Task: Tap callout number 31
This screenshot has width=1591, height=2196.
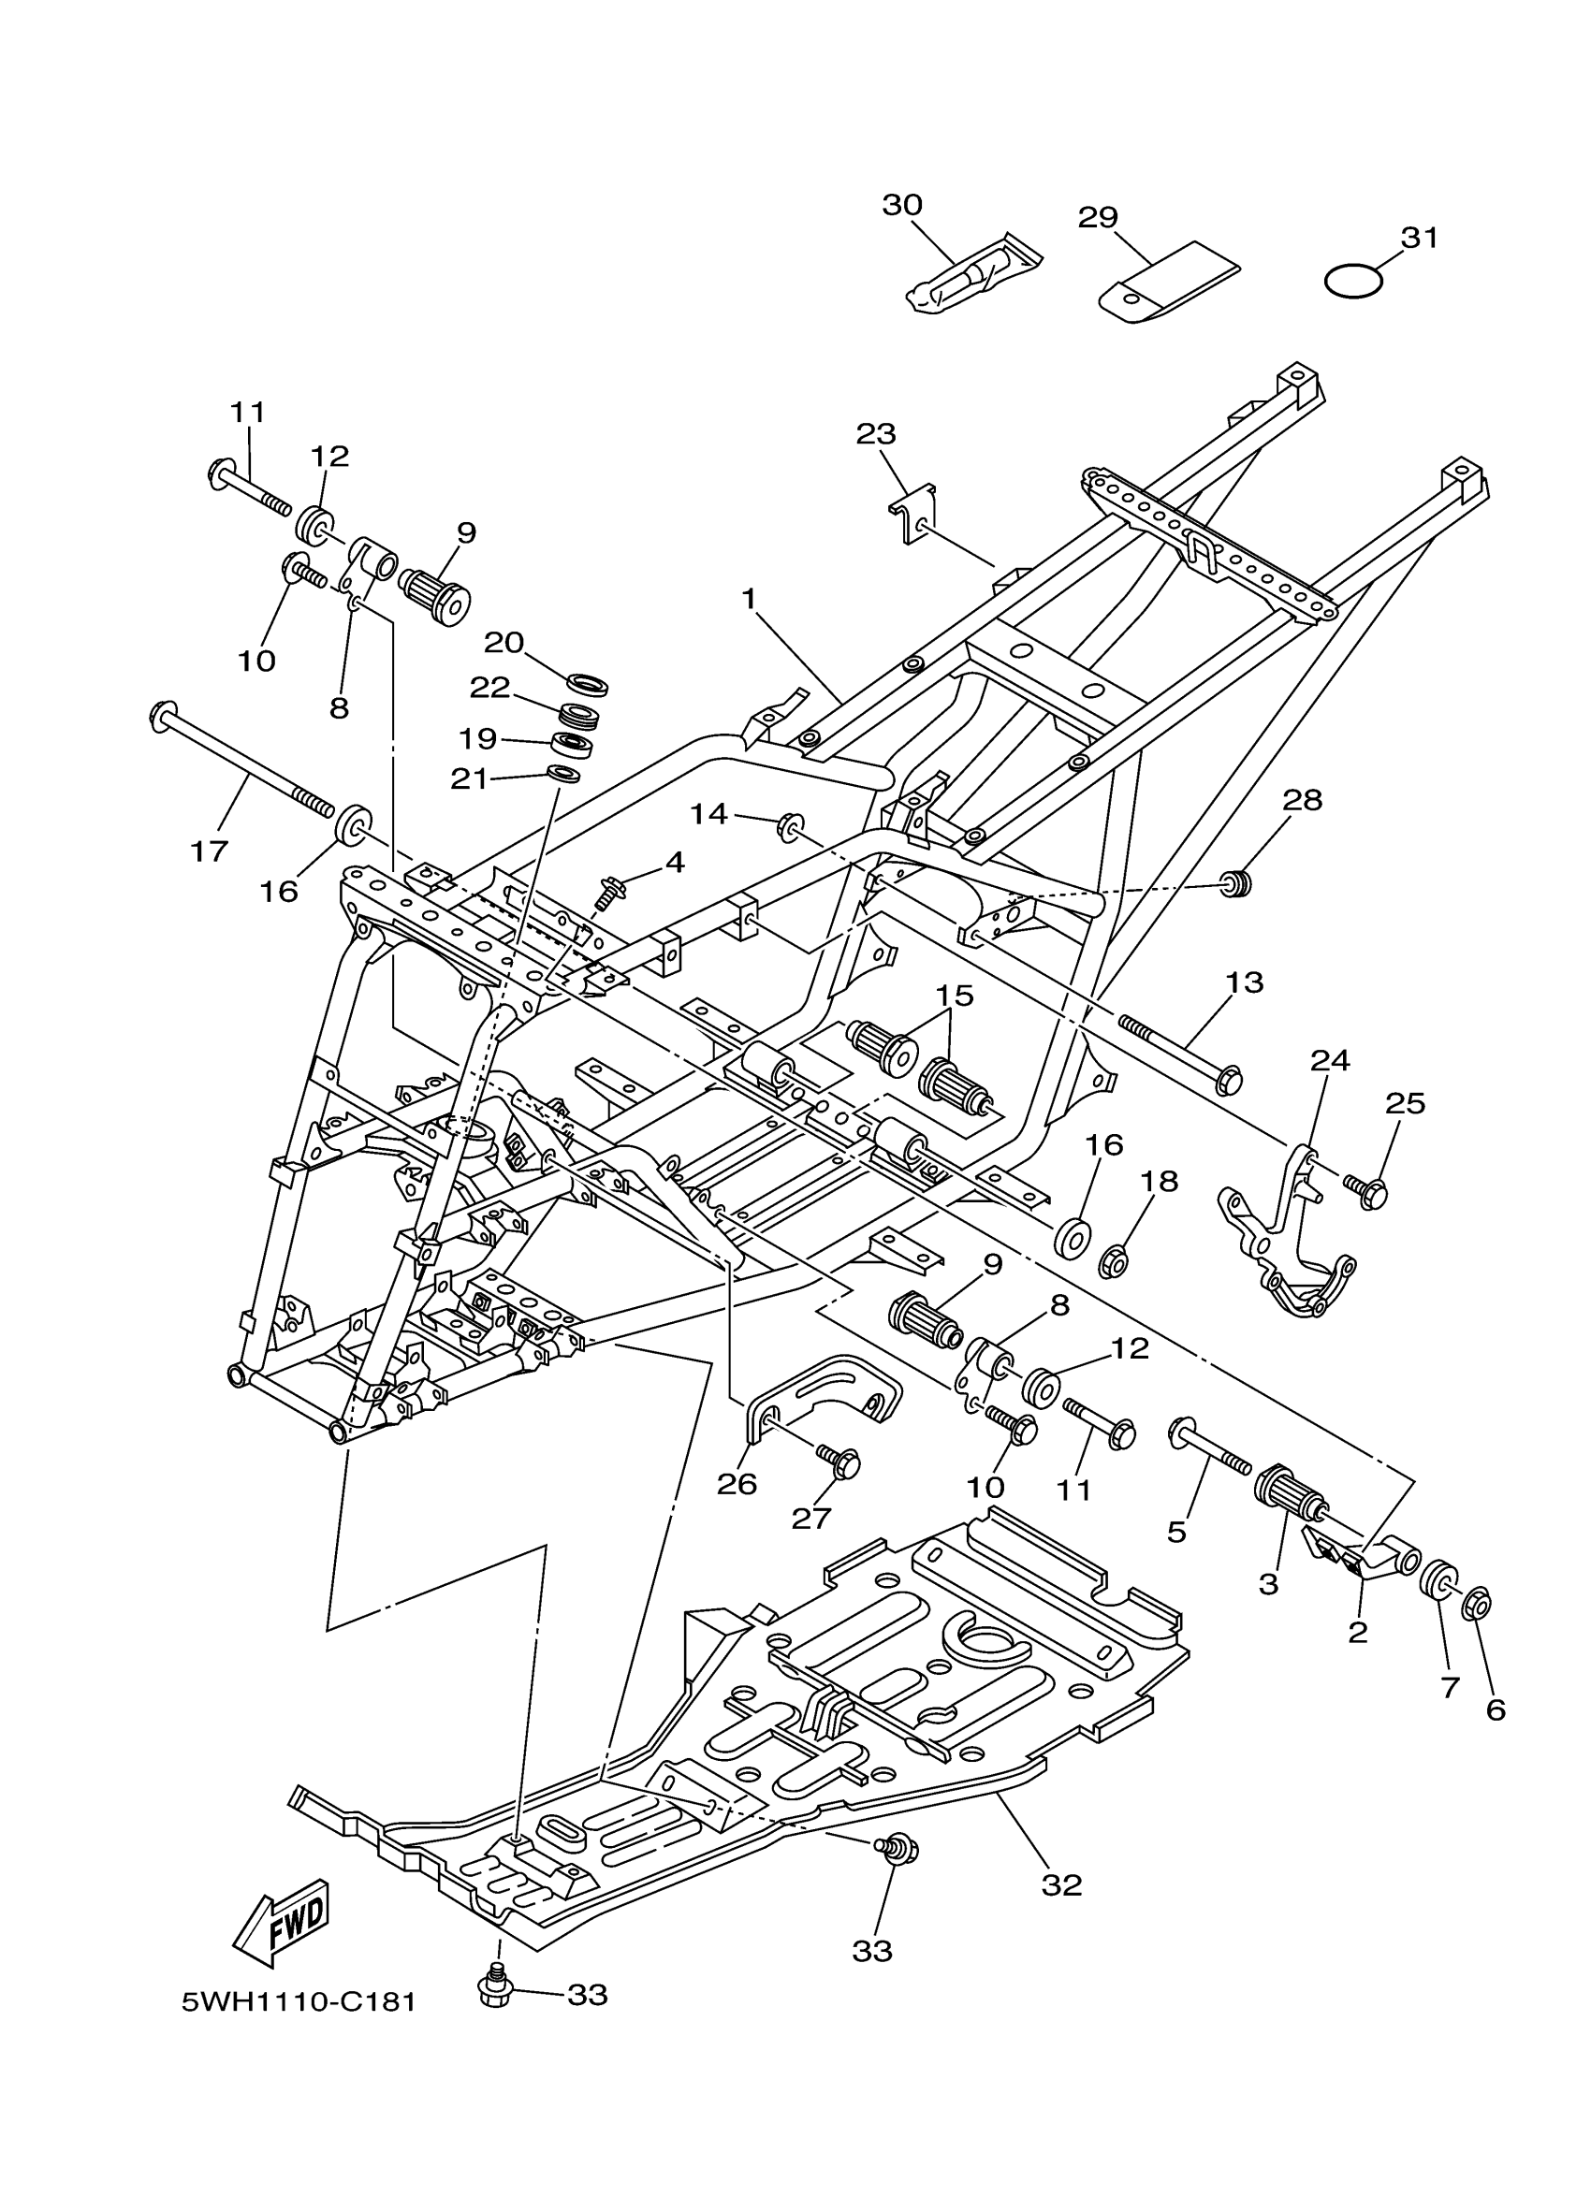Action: [x=1420, y=239]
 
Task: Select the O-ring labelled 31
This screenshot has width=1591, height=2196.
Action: [x=1352, y=282]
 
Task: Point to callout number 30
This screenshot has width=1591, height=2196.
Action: [x=901, y=205]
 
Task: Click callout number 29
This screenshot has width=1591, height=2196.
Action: [x=1098, y=218]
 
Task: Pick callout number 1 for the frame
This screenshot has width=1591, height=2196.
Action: [x=749, y=600]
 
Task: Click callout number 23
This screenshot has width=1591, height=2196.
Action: [x=875, y=434]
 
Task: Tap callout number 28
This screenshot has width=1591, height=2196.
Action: [x=1303, y=800]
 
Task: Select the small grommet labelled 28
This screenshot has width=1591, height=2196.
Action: [x=1232, y=883]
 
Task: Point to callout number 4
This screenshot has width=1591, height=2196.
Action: [x=674, y=862]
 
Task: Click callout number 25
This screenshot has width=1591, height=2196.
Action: [x=1405, y=1103]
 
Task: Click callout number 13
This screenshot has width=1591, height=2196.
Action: [x=1245, y=982]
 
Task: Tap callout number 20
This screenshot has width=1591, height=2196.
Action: [x=504, y=642]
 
